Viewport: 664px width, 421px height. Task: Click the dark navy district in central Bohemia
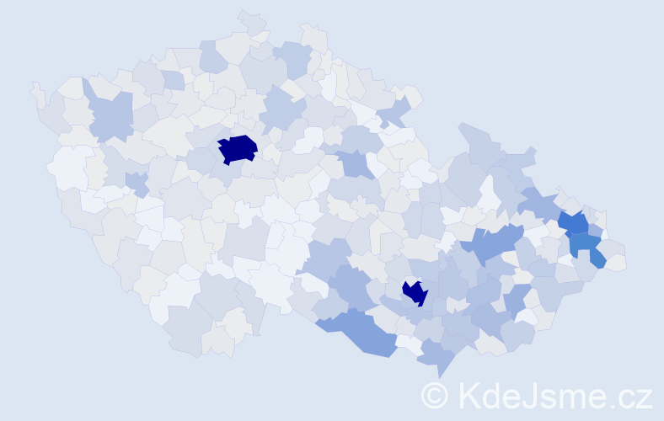[238, 149]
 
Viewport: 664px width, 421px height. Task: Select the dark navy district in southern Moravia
[415, 292]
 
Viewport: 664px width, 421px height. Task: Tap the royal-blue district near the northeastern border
[575, 223]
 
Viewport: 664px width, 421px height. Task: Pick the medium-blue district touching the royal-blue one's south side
[584, 245]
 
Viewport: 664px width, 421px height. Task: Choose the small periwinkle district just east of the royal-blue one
[595, 230]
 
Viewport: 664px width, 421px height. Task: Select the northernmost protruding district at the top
[251, 20]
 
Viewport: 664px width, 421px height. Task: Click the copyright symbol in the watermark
[435, 395]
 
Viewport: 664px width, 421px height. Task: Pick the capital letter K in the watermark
[469, 395]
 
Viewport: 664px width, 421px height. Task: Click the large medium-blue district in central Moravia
[489, 244]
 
